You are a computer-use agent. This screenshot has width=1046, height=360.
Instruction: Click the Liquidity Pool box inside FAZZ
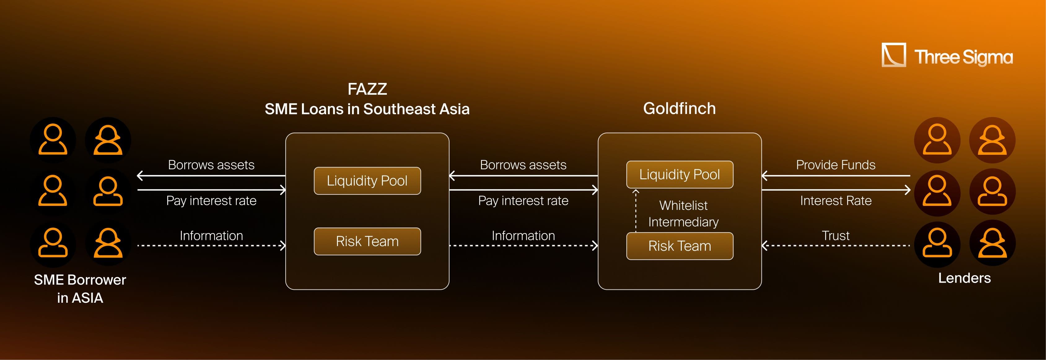tap(367, 180)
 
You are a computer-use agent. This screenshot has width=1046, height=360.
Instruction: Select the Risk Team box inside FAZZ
tap(367, 241)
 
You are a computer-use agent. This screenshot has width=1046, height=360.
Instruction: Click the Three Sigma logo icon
tap(893, 55)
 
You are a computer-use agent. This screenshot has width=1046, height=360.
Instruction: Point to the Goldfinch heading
tap(679, 108)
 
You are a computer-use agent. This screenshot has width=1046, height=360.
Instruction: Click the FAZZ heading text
tap(367, 89)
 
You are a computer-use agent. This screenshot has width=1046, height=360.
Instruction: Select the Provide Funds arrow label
tap(836, 165)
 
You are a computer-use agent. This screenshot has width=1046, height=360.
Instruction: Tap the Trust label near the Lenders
tap(836, 235)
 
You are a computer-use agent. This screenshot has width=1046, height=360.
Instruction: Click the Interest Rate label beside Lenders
tap(836, 201)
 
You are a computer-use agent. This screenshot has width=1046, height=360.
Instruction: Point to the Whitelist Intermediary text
tap(683, 214)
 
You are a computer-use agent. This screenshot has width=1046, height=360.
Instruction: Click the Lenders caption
tap(964, 278)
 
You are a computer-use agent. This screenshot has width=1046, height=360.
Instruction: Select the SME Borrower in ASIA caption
tap(80, 288)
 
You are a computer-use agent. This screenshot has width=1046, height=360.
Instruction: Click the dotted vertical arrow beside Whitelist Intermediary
tap(636, 211)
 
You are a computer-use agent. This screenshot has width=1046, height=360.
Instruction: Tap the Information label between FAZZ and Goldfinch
tap(523, 235)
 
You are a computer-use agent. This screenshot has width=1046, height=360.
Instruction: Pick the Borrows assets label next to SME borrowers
tap(211, 165)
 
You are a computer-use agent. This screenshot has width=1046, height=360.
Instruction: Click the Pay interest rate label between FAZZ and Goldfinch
tap(523, 201)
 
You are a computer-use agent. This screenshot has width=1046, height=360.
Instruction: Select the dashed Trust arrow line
tap(836, 245)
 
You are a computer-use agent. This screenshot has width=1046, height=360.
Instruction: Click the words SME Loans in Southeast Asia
tap(367, 109)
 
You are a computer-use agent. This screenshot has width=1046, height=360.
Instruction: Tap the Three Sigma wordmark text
tap(963, 57)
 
